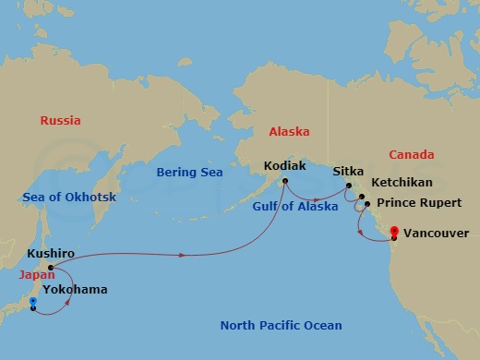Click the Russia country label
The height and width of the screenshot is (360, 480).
pyautogui.click(x=61, y=121)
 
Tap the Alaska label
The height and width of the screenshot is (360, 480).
pyautogui.click(x=289, y=132)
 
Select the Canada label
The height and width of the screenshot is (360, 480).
pyautogui.click(x=412, y=154)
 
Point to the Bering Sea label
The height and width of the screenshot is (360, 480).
pyautogui.click(x=190, y=173)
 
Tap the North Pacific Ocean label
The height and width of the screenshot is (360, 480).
pyautogui.click(x=281, y=325)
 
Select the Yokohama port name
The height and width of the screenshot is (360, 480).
pyautogui.click(x=75, y=289)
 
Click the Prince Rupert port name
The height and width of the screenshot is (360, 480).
pyautogui.click(x=415, y=203)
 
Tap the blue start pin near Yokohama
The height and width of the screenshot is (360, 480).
pyautogui.click(x=32, y=301)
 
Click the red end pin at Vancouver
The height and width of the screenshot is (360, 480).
pyautogui.click(x=394, y=231)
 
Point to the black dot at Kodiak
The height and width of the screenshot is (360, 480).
pyautogui.click(x=285, y=181)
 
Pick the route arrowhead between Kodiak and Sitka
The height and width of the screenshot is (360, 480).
pyautogui.click(x=317, y=198)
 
